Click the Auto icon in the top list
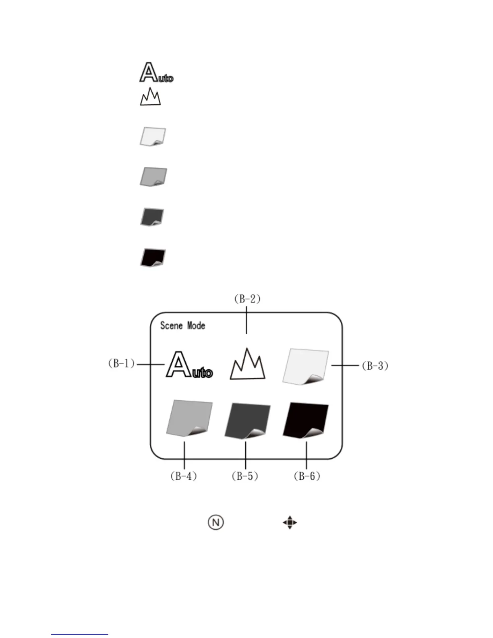click(x=156, y=73)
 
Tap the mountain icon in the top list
click(x=150, y=97)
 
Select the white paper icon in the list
click(x=153, y=137)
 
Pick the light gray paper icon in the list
click(x=153, y=177)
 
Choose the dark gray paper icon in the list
click(x=152, y=217)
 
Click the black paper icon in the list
click(x=153, y=257)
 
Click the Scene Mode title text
click(x=183, y=325)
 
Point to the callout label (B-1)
click(x=121, y=363)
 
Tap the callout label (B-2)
click(x=247, y=299)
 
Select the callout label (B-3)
click(x=375, y=366)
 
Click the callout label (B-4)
click(x=183, y=476)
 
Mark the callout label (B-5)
click(x=244, y=476)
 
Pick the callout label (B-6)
click(x=307, y=476)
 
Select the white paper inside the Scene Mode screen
click(x=306, y=367)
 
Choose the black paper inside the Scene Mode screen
click(x=306, y=420)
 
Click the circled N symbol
click(x=216, y=522)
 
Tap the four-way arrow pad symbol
click(x=290, y=523)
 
